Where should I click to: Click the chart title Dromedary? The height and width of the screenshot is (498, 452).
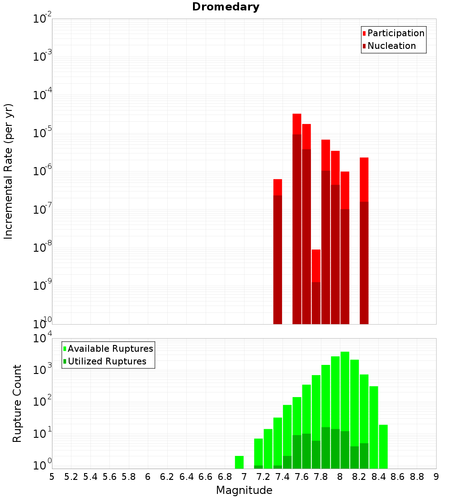click(226, 7)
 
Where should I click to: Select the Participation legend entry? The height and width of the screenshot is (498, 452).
click(393, 33)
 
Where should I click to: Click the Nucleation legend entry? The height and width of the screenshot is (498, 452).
click(389, 46)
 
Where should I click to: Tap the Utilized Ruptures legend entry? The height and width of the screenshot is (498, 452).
click(104, 361)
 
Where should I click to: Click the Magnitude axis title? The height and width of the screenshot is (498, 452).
click(244, 490)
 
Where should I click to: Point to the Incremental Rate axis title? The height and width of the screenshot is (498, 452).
click(9, 171)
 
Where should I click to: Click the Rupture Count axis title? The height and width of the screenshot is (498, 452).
click(17, 403)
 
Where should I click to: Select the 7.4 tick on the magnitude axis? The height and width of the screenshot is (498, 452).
click(282, 476)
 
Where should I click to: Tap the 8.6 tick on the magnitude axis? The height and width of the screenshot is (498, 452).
click(398, 476)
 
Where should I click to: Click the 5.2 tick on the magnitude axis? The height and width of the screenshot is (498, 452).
click(71, 476)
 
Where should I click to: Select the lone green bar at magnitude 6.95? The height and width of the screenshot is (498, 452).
click(239, 462)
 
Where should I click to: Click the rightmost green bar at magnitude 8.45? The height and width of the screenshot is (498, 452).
click(383, 446)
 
